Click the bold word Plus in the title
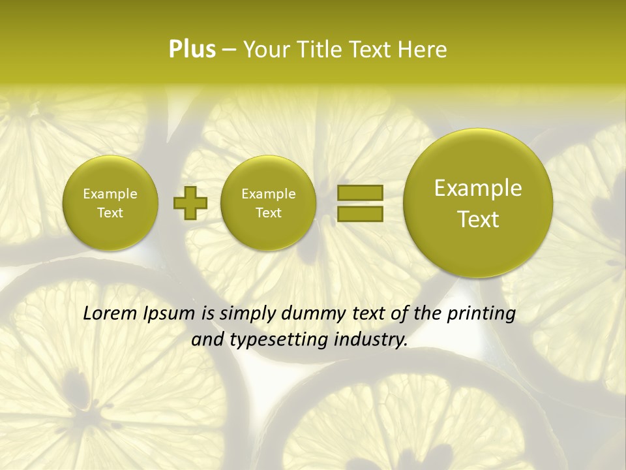(192, 50)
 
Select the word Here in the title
(423, 50)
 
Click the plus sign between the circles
(190, 202)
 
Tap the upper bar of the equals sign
(359, 193)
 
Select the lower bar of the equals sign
(359, 213)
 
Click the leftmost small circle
(110, 202)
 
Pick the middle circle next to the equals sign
(268, 202)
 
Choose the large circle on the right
(478, 202)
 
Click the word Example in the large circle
(478, 188)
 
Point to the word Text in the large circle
(478, 219)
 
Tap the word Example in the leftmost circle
(110, 194)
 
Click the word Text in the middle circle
(268, 213)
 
